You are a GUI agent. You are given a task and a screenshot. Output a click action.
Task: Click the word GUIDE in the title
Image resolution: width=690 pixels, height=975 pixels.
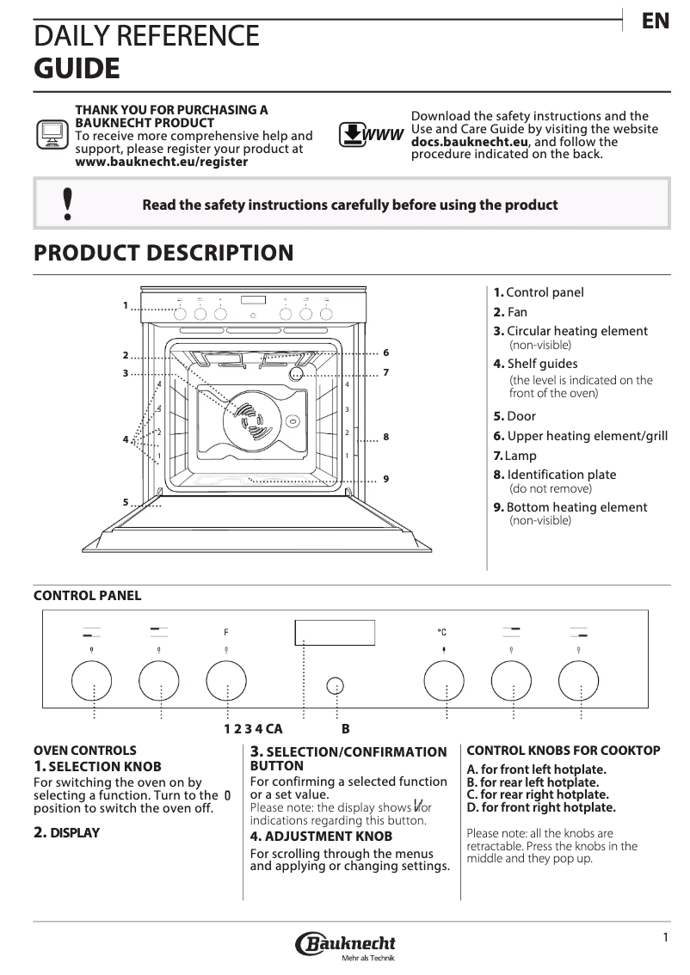click(77, 67)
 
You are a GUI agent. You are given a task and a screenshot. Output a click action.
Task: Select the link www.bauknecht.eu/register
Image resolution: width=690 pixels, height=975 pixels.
click(162, 162)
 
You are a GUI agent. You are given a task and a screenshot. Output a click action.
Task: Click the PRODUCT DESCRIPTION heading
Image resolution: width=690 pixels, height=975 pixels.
click(163, 253)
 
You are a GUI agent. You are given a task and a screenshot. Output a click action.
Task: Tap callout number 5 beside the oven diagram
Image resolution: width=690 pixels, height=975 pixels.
click(125, 501)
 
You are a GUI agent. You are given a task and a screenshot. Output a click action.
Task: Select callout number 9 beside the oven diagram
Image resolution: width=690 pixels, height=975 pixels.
click(386, 479)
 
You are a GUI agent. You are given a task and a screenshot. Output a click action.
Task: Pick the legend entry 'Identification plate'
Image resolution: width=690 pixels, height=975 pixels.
click(561, 475)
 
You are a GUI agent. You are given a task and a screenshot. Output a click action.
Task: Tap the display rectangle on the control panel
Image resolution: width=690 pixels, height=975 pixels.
click(335, 633)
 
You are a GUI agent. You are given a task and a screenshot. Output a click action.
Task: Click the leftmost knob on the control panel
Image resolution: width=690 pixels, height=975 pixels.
click(93, 682)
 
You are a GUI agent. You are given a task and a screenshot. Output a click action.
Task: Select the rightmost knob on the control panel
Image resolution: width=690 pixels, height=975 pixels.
click(579, 682)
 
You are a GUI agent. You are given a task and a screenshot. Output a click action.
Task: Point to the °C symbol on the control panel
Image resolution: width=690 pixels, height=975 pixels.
click(442, 632)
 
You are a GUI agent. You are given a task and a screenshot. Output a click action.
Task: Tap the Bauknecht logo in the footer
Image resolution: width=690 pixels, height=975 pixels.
click(345, 946)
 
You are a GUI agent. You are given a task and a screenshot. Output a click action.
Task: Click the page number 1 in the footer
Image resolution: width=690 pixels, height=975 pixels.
click(665, 936)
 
